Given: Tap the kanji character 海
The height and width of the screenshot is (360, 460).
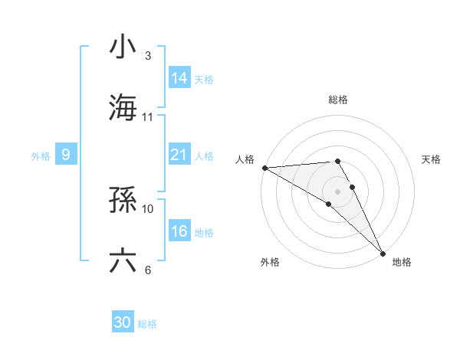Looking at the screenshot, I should (x=123, y=106).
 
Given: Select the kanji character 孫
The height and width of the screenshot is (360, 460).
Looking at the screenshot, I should (x=123, y=200).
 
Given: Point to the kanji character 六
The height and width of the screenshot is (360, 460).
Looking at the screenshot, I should (x=123, y=261).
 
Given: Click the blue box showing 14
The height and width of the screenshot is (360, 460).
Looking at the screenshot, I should (x=179, y=78).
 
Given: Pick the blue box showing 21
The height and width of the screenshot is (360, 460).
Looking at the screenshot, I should (x=179, y=155).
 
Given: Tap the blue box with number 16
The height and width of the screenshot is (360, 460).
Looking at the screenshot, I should (x=179, y=231).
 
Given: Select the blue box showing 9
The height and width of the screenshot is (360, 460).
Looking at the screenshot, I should (x=66, y=155).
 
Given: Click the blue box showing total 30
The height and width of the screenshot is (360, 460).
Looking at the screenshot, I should (x=123, y=323).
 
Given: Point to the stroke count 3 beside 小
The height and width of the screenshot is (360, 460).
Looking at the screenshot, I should (x=148, y=55).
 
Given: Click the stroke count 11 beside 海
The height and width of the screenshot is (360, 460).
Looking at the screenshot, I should (x=148, y=116).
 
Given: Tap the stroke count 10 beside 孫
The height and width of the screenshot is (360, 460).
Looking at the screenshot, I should (x=148, y=208).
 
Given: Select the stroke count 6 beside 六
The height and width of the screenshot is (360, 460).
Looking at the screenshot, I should (x=148, y=270).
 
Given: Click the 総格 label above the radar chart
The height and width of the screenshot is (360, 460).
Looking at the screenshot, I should (x=338, y=100).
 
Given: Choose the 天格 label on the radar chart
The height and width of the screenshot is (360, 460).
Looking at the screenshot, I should (x=431, y=159).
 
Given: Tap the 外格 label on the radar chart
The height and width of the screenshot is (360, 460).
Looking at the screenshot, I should (x=270, y=262).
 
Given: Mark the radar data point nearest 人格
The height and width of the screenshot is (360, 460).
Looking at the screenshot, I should (x=264, y=168).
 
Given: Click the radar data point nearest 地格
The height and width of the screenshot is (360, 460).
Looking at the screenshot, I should (x=383, y=252).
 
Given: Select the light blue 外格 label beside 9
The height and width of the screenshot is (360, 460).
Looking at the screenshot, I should (x=41, y=155).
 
